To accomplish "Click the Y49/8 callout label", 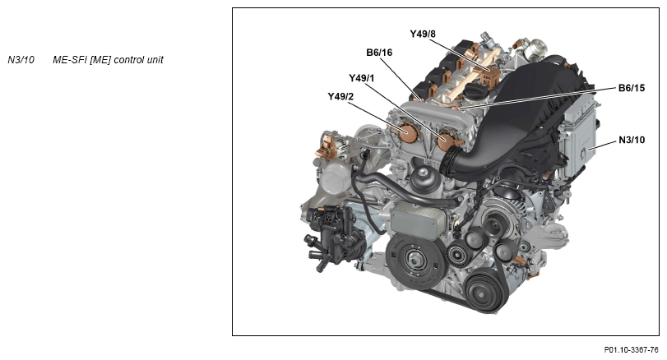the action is click(x=423, y=34).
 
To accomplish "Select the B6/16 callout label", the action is click(x=379, y=53).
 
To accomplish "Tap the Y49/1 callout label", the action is click(x=362, y=78).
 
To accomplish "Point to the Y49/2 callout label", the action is click(x=340, y=97).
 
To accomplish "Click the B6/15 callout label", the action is click(x=632, y=88).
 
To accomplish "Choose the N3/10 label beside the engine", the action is click(x=632, y=140).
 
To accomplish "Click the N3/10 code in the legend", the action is click(x=21, y=60).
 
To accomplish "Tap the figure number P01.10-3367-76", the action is click(x=631, y=350).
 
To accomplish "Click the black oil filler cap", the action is click(x=475, y=90).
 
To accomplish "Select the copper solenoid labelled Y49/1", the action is click(x=447, y=141).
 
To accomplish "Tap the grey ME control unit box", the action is click(x=580, y=132).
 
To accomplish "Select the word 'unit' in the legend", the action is click(x=155, y=60).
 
